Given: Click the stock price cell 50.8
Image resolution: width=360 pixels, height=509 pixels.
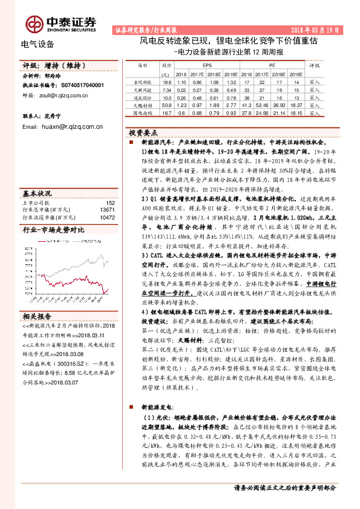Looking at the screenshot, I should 167,105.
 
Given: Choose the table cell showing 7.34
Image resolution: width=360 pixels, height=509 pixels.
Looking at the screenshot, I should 167,89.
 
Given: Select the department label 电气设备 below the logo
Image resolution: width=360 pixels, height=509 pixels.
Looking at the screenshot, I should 38,44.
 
